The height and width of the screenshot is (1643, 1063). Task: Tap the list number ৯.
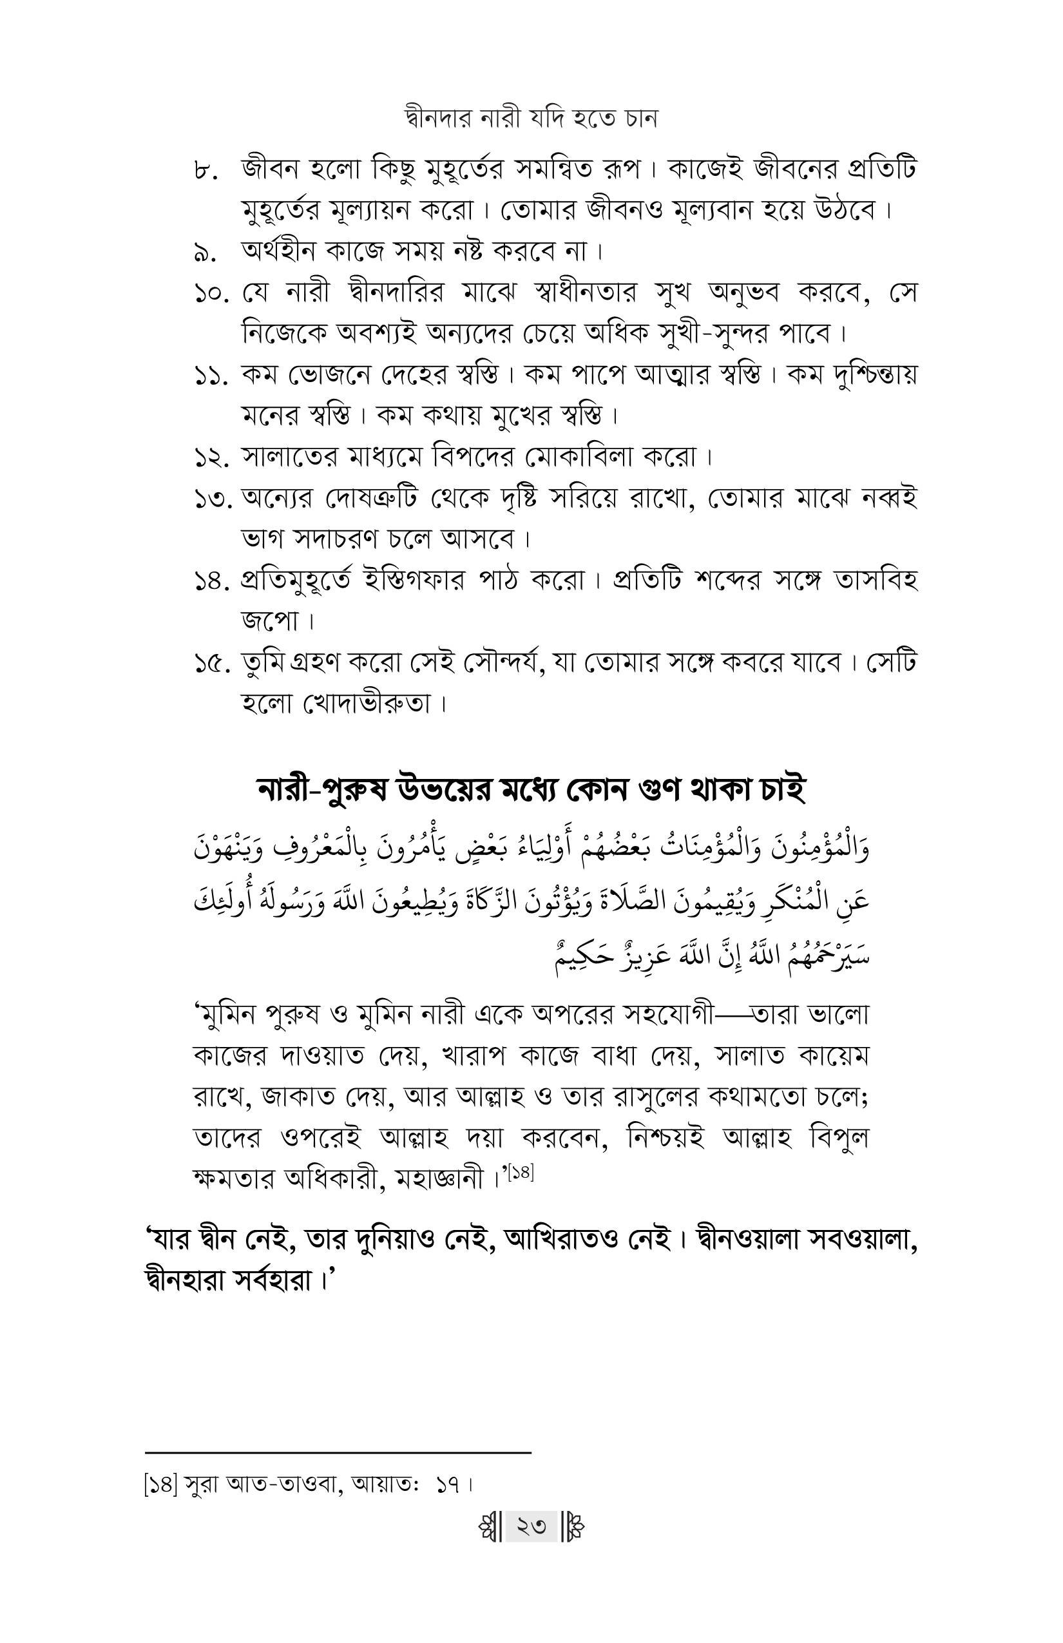click(x=206, y=253)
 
